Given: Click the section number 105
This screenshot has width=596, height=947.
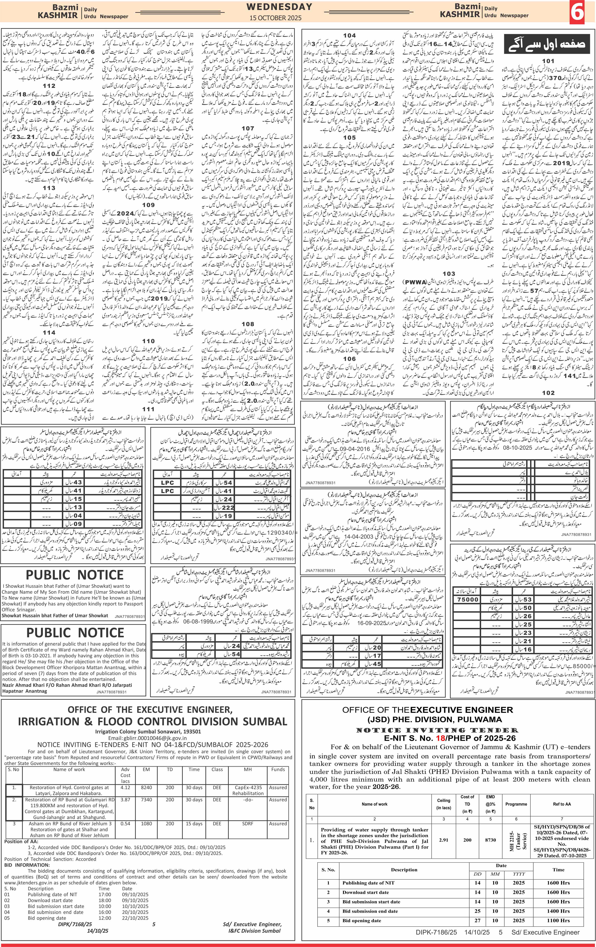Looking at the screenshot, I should coord(349,138).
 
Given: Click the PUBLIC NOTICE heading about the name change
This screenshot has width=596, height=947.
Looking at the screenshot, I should coord(75,575).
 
